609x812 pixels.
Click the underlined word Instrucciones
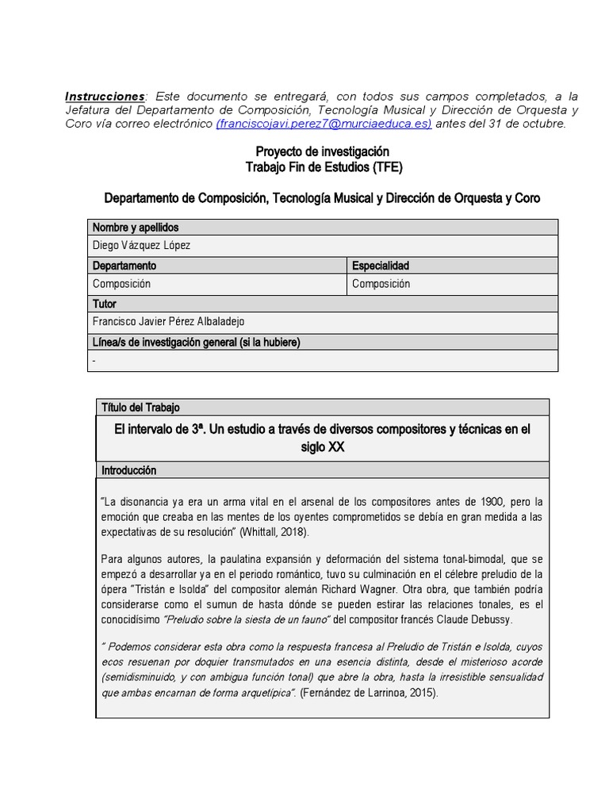pos(105,96)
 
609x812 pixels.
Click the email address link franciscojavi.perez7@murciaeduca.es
pos(324,124)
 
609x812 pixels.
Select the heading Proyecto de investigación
pos(322,151)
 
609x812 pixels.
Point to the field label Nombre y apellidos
pos(136,228)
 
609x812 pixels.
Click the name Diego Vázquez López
pos(142,246)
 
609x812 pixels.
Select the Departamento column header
pos(124,266)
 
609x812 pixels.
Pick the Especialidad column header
pos(381,266)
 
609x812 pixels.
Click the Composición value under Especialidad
pos(381,284)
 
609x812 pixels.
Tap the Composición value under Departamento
pos(121,284)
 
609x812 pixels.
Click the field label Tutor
pos(105,304)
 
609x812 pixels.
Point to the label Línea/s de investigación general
pos(197,342)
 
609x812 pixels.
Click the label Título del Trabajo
pos(140,407)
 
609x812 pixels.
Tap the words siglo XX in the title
pos(323,447)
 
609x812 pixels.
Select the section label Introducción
pos(129,470)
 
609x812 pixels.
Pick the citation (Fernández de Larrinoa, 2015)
pos(368,692)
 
